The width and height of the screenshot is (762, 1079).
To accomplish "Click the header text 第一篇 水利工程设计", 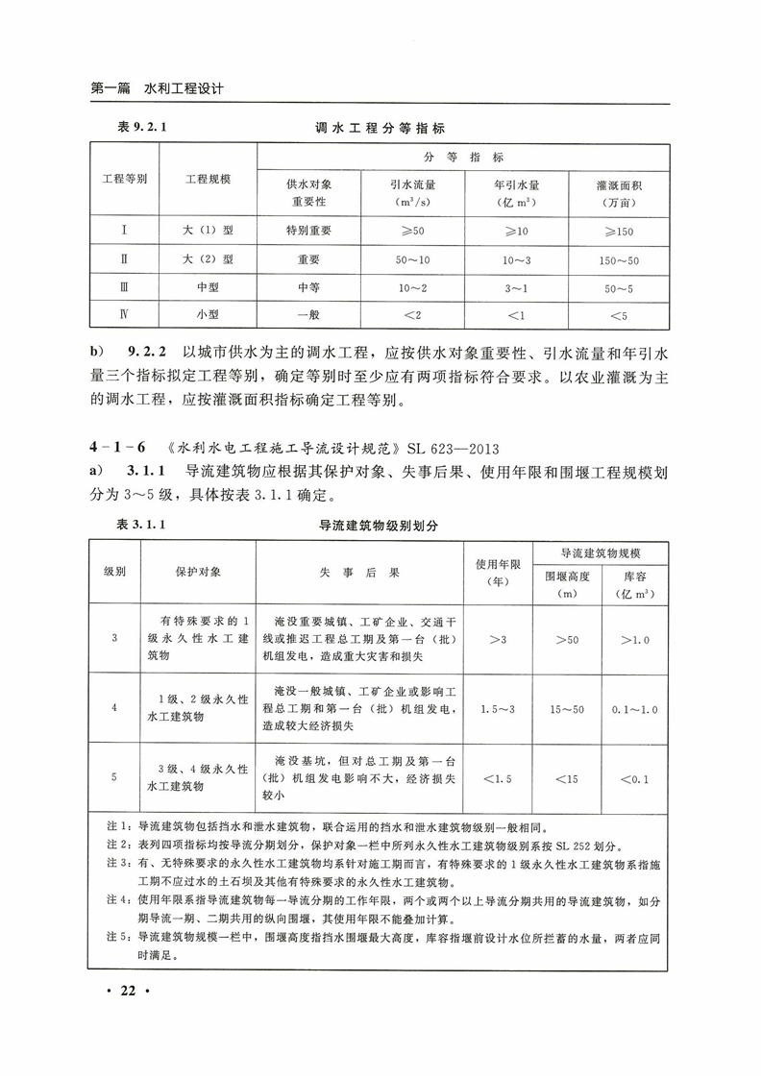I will click(157, 88).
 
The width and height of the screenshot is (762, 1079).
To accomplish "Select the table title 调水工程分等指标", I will click(381, 127).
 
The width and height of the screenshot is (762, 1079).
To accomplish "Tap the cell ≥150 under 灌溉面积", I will click(620, 231).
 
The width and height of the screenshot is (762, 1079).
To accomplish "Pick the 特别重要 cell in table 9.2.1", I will click(308, 231).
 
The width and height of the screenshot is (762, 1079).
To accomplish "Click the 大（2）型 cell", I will click(209, 259).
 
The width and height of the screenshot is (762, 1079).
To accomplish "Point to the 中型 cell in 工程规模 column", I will click(209, 287).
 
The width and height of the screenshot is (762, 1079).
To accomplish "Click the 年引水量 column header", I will click(515, 189).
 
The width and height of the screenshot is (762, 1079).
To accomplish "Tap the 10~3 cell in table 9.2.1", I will click(515, 259).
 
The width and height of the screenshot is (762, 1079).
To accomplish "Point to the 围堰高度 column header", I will click(573, 584).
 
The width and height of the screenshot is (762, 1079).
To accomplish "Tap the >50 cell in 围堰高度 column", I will click(573, 639).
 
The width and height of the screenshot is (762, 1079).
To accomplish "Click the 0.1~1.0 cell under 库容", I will click(635, 709).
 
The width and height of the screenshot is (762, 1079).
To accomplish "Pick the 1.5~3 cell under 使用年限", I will click(498, 709).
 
